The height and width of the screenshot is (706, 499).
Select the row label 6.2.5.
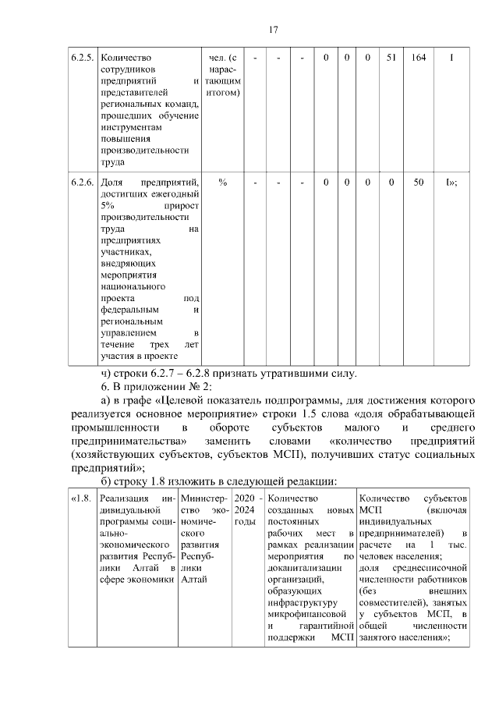click(82, 58)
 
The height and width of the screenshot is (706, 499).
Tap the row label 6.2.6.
click(82, 182)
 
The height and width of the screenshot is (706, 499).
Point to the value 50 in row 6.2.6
click(418, 182)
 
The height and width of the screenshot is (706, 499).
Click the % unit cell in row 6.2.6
click(223, 182)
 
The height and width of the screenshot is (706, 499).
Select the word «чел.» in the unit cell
click(219, 58)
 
